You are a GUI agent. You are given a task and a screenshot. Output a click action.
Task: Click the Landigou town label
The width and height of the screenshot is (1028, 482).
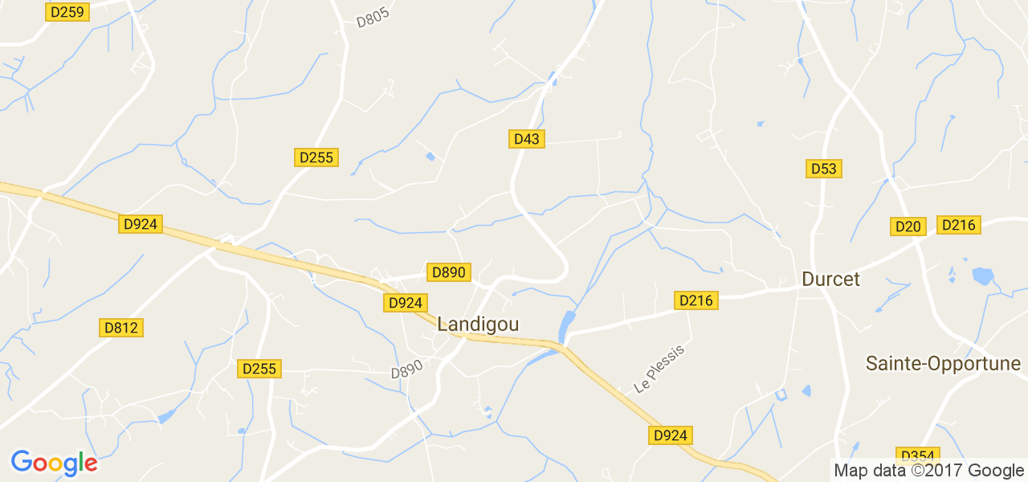point(478,325)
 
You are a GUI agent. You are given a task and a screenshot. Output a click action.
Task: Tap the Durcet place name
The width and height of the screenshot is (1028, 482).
point(830,280)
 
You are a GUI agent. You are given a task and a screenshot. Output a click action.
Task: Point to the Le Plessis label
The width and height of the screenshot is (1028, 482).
point(659,369)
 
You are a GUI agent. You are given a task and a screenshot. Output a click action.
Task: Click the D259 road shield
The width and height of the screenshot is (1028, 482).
point(67,12)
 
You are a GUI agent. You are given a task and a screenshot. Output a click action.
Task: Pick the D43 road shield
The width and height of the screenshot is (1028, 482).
point(527,139)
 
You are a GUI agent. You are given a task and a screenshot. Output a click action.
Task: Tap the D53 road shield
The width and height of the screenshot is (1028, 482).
point(824,169)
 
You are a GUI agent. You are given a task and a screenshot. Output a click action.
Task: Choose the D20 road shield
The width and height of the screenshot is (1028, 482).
point(908,227)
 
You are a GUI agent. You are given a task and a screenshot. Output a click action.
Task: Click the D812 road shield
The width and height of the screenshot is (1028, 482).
point(121,327)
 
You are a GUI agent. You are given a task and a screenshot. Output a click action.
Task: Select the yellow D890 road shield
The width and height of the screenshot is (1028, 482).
point(448,272)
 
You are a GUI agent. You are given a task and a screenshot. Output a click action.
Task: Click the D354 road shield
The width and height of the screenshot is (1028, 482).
point(916,455)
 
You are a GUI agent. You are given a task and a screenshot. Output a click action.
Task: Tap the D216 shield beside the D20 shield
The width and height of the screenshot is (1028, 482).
point(959,225)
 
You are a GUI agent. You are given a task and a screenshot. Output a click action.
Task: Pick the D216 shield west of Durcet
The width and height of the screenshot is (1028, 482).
point(696,300)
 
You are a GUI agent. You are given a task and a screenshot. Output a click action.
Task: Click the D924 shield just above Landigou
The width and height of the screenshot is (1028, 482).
point(405,303)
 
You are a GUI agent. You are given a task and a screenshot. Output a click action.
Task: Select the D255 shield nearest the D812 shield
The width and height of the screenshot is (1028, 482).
point(259,369)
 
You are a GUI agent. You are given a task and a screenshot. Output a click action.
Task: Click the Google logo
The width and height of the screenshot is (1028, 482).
point(54,463)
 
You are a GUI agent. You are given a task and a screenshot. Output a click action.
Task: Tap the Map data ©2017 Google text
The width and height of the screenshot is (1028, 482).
point(928,471)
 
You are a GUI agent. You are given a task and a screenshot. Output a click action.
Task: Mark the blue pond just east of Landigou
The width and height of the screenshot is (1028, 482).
point(566,324)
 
